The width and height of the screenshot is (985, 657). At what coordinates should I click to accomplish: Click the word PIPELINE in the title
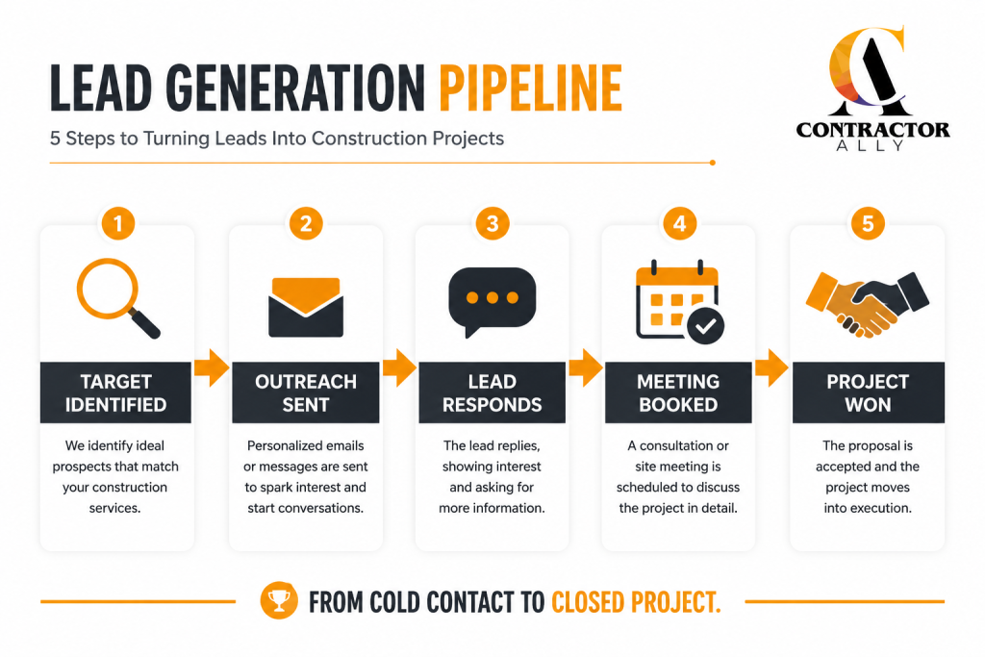[530, 88]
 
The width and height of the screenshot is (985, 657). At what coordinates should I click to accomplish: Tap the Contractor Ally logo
[871, 88]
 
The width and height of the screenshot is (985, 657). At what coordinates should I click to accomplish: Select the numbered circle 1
[118, 223]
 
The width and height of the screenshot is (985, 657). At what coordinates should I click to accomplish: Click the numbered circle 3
[492, 223]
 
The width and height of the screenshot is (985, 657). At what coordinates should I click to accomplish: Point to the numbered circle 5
[868, 223]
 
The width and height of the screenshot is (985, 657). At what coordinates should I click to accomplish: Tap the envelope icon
[306, 307]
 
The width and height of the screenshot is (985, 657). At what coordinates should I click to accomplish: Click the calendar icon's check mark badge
[705, 325]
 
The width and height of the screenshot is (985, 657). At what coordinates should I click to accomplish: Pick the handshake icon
[867, 304]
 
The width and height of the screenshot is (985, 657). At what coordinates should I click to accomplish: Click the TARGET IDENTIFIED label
[115, 392]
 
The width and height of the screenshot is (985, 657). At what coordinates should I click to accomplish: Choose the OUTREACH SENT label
[306, 392]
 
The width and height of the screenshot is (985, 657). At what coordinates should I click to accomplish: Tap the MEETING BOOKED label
[678, 392]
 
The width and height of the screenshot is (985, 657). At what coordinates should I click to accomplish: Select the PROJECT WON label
[869, 392]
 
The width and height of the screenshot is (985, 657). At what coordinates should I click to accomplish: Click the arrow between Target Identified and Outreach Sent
[211, 367]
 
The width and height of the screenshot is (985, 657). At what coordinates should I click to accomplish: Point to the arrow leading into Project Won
[771, 367]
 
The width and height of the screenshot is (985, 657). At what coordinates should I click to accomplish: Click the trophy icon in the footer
[279, 600]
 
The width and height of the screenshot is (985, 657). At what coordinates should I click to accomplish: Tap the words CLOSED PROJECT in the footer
[636, 602]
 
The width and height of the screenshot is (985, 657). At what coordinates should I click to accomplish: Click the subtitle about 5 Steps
[277, 139]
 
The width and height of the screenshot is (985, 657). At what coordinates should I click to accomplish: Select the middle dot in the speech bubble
[492, 298]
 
